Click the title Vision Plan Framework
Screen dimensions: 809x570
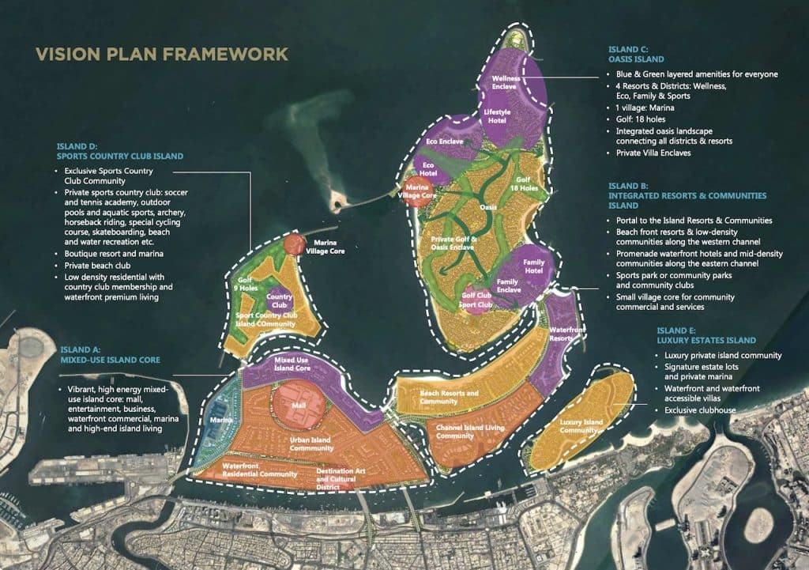coord(161,55)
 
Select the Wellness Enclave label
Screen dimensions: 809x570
coord(504,82)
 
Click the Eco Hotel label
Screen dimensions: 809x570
coord(429,170)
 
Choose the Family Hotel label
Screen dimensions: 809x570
coord(535,267)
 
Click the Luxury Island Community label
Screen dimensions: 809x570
coord(581,427)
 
